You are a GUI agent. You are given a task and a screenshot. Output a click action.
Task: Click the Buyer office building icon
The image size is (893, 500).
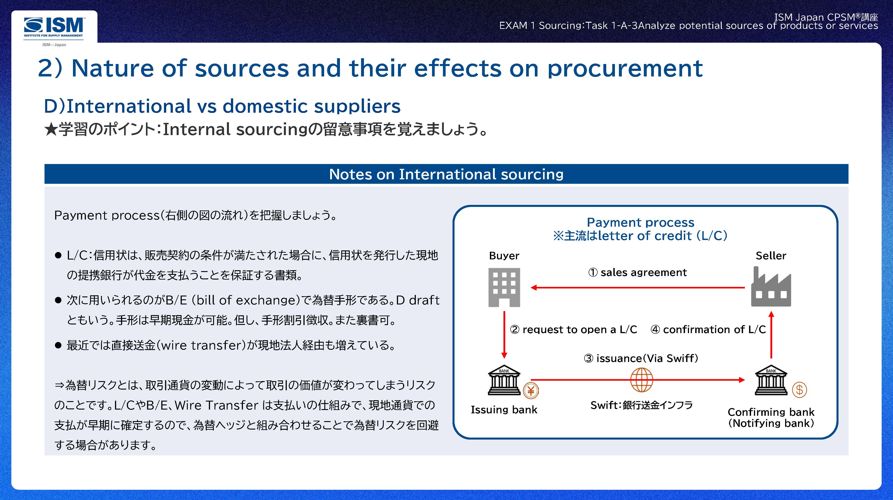click(x=504, y=287)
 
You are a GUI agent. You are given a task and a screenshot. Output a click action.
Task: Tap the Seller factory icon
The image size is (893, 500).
click(x=771, y=286)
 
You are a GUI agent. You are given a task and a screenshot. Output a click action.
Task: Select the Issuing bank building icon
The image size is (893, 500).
click(x=504, y=380)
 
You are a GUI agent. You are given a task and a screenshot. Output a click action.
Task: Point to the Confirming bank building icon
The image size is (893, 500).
click(x=771, y=380)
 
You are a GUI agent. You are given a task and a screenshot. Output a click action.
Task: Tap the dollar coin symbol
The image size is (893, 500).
click(x=799, y=390)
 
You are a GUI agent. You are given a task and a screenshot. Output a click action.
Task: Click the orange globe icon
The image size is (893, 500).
click(x=641, y=380)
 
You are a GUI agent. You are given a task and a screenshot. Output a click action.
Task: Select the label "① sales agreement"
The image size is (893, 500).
click(x=637, y=272)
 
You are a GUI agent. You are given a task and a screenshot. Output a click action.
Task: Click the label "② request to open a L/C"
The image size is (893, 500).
click(x=573, y=329)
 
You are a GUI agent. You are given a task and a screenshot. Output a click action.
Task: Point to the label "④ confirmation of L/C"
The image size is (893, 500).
click(x=708, y=329)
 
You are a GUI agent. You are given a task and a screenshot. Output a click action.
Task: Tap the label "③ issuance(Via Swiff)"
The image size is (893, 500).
click(x=641, y=358)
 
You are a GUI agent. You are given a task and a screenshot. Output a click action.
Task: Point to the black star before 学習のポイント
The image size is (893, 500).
click(x=51, y=130)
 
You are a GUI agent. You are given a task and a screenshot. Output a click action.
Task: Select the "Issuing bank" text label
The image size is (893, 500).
click(x=504, y=410)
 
